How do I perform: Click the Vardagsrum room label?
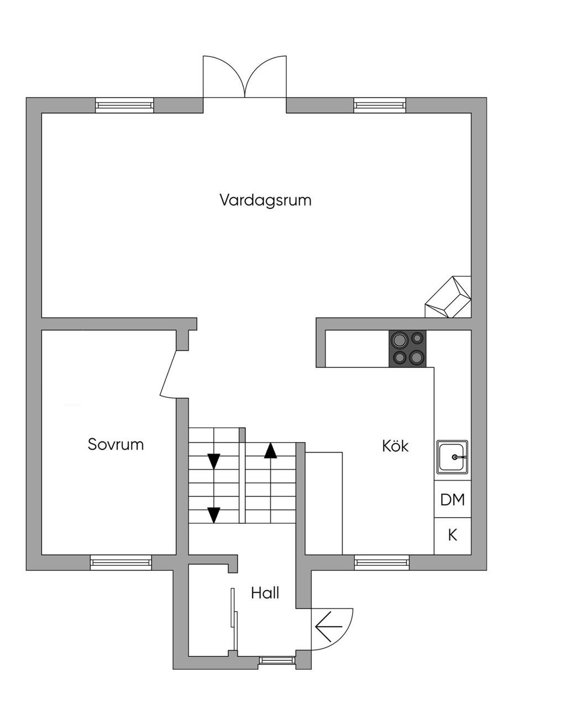tap(265, 200)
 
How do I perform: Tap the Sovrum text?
tap(116, 444)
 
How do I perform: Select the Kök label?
tap(395, 446)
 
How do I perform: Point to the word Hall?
tap(265, 593)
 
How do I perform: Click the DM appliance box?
tap(452, 500)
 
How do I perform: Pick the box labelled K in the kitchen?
tap(452, 535)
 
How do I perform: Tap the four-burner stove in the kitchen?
tap(408, 349)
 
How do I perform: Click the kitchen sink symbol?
tap(452, 457)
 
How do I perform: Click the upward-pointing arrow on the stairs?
tap(270, 451)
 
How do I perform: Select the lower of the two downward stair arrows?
tap(213, 515)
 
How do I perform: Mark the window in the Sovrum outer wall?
tap(121, 562)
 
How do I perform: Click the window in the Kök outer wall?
tap(382, 562)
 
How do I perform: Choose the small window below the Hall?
tap(277, 660)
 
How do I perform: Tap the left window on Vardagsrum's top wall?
tap(124, 105)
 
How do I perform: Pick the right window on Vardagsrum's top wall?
tap(380, 105)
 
